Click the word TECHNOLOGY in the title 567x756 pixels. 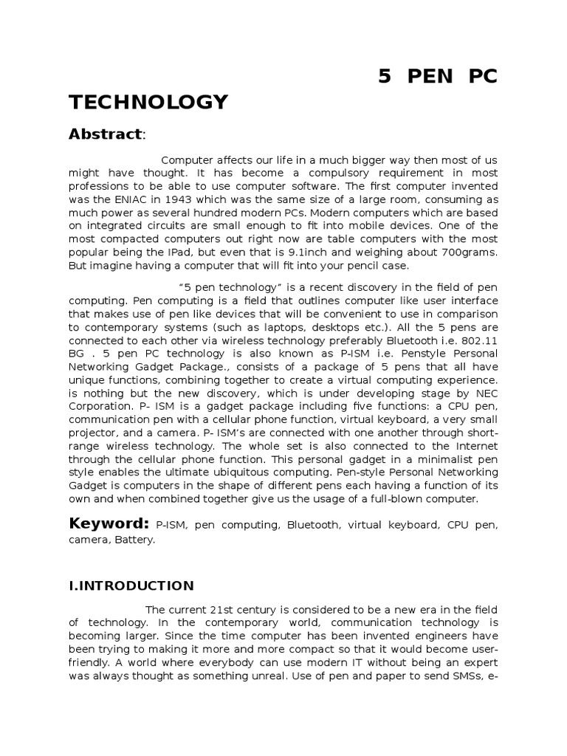148,101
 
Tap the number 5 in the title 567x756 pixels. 384,78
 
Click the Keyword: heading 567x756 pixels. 109,523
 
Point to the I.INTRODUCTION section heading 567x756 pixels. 131,585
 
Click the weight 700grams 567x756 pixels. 469,252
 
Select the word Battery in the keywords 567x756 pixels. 137,540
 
